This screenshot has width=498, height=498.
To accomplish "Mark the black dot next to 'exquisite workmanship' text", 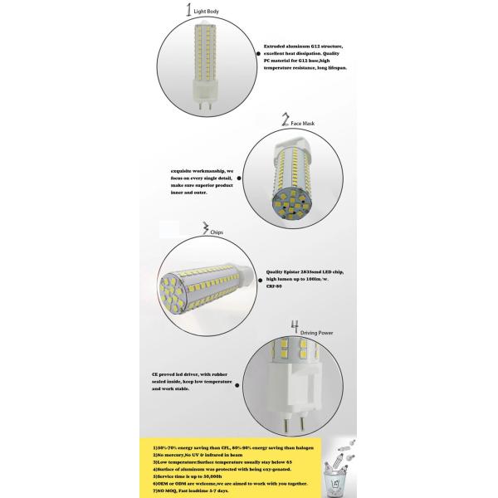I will pos(239,177).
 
